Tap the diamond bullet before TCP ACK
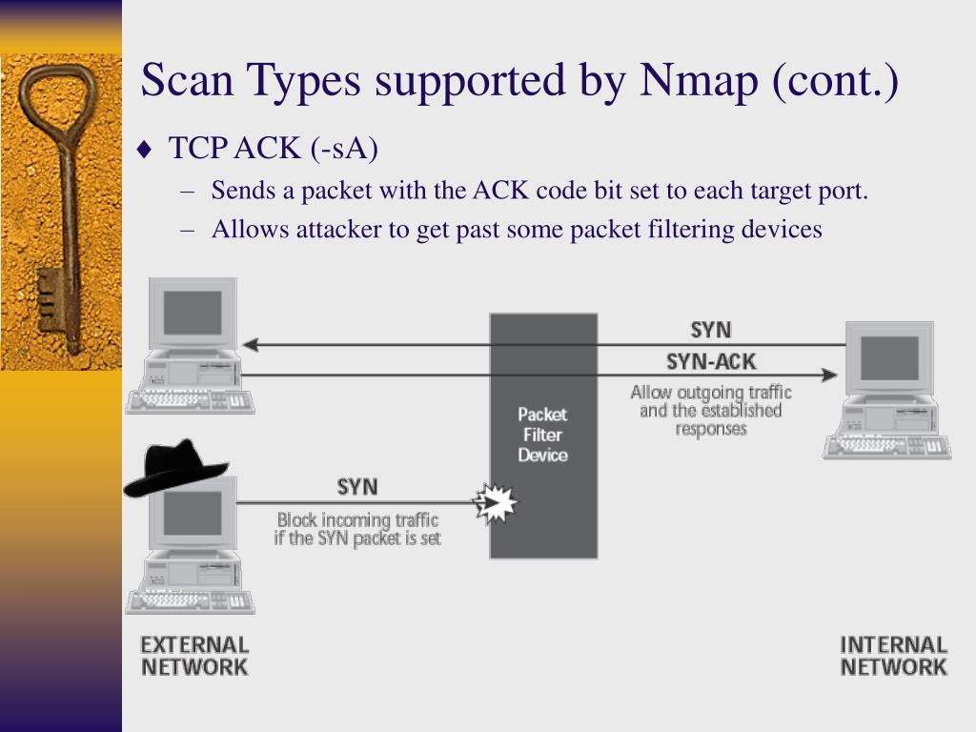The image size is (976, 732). coord(144,150)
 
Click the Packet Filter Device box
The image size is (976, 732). coord(543,435)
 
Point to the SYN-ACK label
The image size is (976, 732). coord(711,362)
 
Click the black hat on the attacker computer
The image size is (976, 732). coord(176,468)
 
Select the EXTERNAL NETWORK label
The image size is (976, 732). coord(194,656)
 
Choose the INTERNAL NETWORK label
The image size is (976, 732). coord(893,656)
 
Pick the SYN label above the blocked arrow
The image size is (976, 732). coord(357,487)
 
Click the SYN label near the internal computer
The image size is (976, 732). coord(711,330)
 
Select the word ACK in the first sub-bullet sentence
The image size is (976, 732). coord(501,191)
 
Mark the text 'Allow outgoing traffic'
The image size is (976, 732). coord(711,392)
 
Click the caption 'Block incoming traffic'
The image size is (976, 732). coord(357,519)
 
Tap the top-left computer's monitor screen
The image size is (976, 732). coord(193,311)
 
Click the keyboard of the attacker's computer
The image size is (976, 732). coord(190,601)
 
